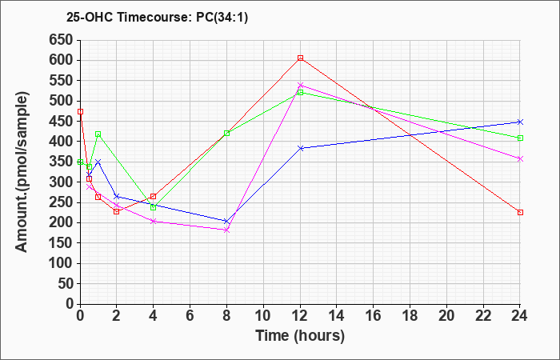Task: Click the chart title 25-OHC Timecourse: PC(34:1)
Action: pyautogui.click(x=157, y=17)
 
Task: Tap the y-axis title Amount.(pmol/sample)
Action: pyautogui.click(x=22, y=172)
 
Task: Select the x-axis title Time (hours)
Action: pyautogui.click(x=300, y=336)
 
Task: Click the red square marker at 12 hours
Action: pyautogui.click(x=300, y=58)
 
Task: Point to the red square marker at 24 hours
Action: pyautogui.click(x=520, y=213)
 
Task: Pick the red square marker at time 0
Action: pyautogui.click(x=80, y=112)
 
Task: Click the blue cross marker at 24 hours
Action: pyautogui.click(x=520, y=122)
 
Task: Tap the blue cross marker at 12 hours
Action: pyautogui.click(x=300, y=148)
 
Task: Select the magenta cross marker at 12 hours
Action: pyautogui.click(x=300, y=86)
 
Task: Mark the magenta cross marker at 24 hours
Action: pyautogui.click(x=520, y=159)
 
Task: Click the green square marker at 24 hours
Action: pyautogui.click(x=520, y=138)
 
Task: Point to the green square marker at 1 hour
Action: pyautogui.click(x=98, y=134)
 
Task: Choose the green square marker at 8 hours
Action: pyautogui.click(x=226, y=134)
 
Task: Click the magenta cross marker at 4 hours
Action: pyautogui.click(x=154, y=222)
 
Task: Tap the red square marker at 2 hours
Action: pyautogui.click(x=117, y=212)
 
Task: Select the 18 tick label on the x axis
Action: pyautogui.click(x=410, y=315)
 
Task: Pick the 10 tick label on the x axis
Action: pyautogui.click(x=263, y=315)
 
